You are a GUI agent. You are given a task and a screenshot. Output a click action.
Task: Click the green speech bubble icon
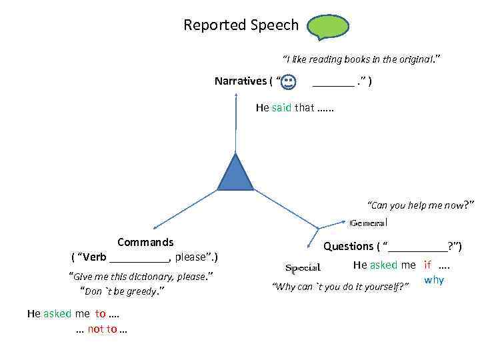(327, 27)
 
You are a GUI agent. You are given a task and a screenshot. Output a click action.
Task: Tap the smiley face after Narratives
(288, 82)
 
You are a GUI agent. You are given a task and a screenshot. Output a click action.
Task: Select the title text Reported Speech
(241, 25)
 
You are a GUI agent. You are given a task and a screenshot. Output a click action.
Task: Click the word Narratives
(240, 81)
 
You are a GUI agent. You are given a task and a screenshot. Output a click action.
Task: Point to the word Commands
(145, 242)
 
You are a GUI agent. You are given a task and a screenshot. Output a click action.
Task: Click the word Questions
(348, 246)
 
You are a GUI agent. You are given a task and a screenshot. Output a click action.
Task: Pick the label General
(368, 222)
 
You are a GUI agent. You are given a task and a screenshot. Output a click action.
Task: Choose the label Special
(303, 268)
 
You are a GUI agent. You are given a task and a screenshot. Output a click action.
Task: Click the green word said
(281, 107)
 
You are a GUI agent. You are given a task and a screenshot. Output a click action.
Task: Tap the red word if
(427, 265)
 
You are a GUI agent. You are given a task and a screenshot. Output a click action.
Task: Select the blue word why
(434, 280)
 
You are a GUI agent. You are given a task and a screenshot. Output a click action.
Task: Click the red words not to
(102, 329)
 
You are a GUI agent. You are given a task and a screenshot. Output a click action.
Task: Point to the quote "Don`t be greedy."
(122, 291)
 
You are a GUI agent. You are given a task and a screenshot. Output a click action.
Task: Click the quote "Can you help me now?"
(421, 205)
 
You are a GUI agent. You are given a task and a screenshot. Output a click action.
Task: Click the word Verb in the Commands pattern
(95, 257)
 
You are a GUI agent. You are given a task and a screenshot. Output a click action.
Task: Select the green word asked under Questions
(384, 265)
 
